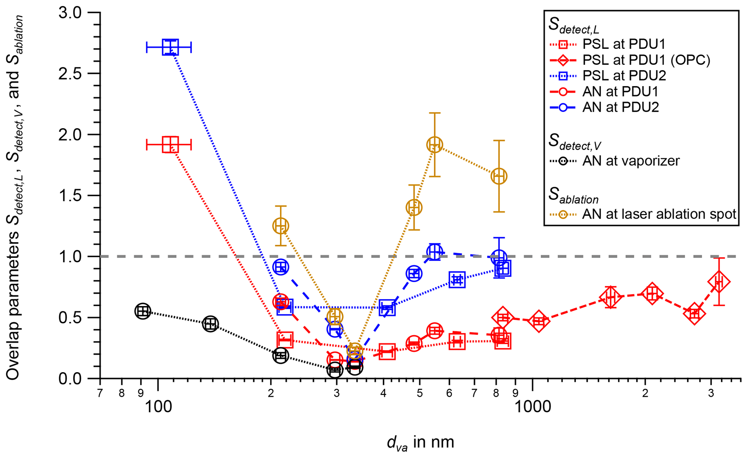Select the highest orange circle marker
[x=434, y=145]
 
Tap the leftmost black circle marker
[x=143, y=311]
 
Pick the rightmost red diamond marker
[x=719, y=282]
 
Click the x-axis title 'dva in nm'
[x=420, y=442]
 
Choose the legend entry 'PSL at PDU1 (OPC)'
[x=646, y=60]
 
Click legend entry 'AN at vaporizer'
[x=631, y=161]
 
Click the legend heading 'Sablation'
[x=573, y=196]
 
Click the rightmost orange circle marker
[x=499, y=176]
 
